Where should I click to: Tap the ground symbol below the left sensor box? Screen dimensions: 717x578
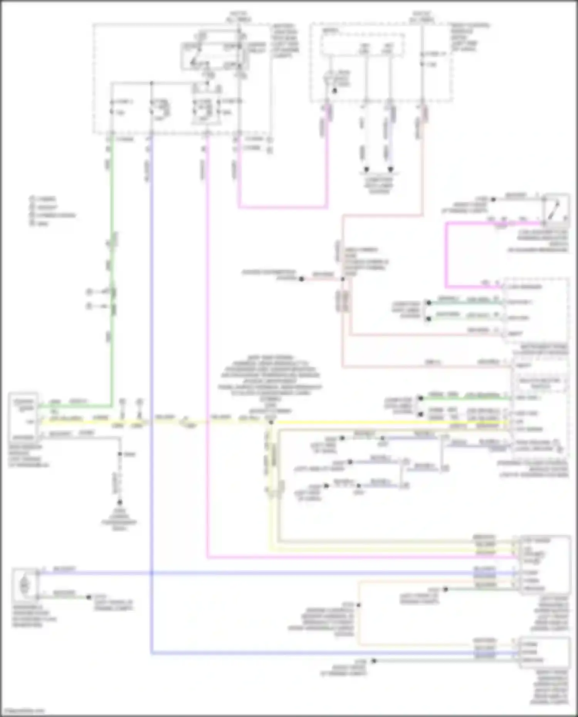(119, 502)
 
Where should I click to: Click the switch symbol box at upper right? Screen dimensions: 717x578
(556, 210)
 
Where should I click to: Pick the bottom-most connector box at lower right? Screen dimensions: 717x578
(544, 652)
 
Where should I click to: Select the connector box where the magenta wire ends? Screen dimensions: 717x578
(544, 564)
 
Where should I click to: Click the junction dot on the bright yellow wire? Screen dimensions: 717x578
(271, 423)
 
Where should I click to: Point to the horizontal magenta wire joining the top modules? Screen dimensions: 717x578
(283, 207)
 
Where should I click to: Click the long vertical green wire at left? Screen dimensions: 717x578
(112, 270)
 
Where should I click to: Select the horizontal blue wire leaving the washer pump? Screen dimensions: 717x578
(270, 573)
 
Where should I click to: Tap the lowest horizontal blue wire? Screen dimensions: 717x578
(308, 653)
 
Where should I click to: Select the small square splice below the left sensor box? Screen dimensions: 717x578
(120, 454)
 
